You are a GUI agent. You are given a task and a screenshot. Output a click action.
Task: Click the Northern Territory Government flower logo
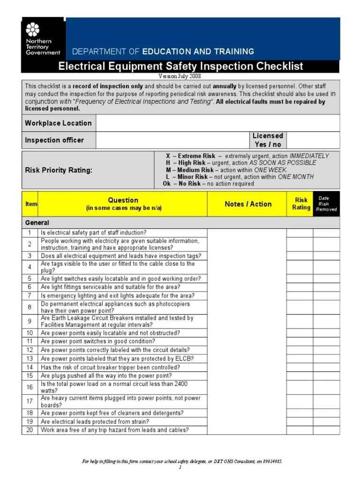pyautogui.click(x=32, y=30)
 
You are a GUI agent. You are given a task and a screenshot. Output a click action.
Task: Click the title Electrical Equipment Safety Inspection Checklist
pyautogui.click(x=180, y=67)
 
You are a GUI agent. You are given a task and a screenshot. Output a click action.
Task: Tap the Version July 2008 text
pyautogui.click(x=180, y=76)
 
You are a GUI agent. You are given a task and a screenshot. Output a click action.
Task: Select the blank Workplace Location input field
pyautogui.click(x=217, y=123)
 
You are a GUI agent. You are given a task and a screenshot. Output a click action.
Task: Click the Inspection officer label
pyautogui.click(x=54, y=140)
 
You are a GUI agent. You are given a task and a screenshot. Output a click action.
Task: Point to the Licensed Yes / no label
pyautogui.click(x=268, y=140)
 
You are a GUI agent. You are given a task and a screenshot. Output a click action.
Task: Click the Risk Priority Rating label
pyautogui.click(x=59, y=170)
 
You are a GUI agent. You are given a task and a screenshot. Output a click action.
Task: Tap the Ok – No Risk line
pyautogui.click(x=208, y=184)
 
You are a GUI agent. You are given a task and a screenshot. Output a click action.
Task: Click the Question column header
pyautogui.click(x=123, y=203)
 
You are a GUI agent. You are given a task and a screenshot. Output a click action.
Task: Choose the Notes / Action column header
pyautogui.click(x=247, y=204)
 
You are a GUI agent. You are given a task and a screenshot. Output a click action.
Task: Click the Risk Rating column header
pyautogui.click(x=301, y=204)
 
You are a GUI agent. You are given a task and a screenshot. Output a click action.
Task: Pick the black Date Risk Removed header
pyautogui.click(x=326, y=204)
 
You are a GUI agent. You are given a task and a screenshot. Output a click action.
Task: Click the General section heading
pyautogui.click(x=37, y=223)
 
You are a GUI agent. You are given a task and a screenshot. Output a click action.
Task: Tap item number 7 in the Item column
pyautogui.click(x=30, y=296)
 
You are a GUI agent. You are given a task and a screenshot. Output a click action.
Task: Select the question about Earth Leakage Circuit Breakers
pyautogui.click(x=117, y=321)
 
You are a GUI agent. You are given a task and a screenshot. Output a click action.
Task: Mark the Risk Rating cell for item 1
pyautogui.click(x=300, y=233)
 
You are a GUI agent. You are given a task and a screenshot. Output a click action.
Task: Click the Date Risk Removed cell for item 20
pyautogui.click(x=326, y=430)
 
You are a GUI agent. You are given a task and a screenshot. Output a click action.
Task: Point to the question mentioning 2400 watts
pyautogui.click(x=114, y=387)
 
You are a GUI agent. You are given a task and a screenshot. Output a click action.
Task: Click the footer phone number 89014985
pyautogui.click(x=271, y=462)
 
